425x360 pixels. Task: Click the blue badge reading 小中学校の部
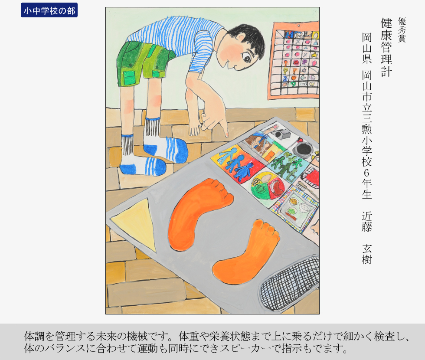tap(49, 10)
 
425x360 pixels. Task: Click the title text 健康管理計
tap(386, 47)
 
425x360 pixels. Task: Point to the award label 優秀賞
tap(402, 30)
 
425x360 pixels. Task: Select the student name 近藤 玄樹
tap(367, 238)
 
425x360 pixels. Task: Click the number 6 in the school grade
tap(367, 173)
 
